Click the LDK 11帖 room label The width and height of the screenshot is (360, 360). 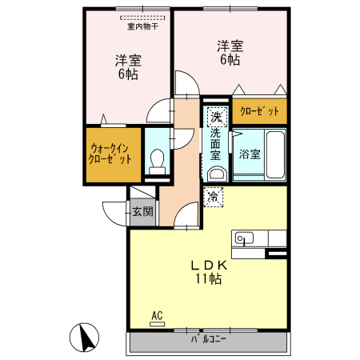click(x=208, y=272)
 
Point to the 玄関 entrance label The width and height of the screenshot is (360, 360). click(x=144, y=212)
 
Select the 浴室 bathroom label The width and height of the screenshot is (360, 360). click(x=247, y=154)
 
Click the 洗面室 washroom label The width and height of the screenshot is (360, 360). click(x=215, y=145)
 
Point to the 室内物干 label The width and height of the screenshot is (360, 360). click(x=142, y=26)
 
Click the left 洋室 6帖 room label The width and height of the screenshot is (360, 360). click(x=126, y=66)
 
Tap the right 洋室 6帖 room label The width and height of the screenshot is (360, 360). click(x=228, y=52)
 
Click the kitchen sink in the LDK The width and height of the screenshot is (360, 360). click(x=243, y=238)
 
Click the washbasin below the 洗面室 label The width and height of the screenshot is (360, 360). click(x=215, y=174)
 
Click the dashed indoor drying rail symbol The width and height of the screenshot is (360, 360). click(x=142, y=17)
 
